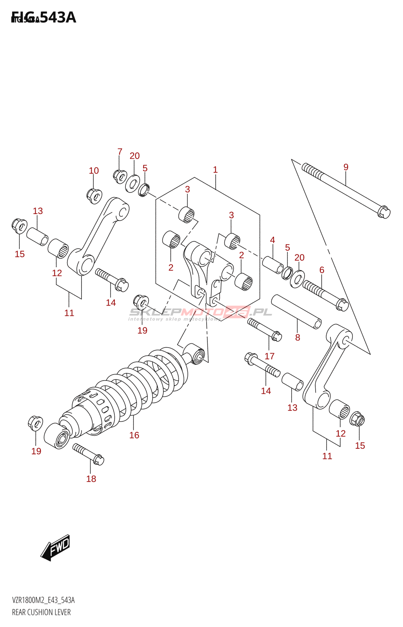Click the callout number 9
coord(346,167)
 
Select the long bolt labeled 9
coord(345,190)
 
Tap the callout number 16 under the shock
coord(134,435)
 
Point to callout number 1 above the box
coord(215,170)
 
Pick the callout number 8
coord(298,338)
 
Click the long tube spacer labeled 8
coord(296,312)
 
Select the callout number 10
coord(94,171)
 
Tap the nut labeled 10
coord(94,196)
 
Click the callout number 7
coord(120,152)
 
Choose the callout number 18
coord(91,479)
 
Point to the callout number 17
coord(269,356)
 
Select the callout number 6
coord(322,270)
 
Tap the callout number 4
coord(272,240)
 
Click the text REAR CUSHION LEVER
coord(41,613)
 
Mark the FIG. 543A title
coord(44,18)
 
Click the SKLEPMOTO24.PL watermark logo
coord(200,313)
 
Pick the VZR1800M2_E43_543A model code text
coord(43,600)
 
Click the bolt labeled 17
coord(264,329)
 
